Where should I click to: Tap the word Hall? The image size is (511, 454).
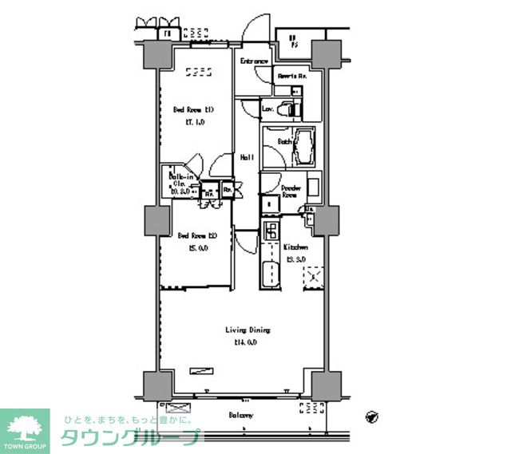(x=248, y=158)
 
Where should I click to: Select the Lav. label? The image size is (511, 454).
(x=269, y=108)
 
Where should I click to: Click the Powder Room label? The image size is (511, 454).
(x=290, y=191)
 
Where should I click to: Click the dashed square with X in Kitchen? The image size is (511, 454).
(x=313, y=278)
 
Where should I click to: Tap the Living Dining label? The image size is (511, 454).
(x=248, y=330)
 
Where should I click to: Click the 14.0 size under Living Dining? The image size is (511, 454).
(x=245, y=342)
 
